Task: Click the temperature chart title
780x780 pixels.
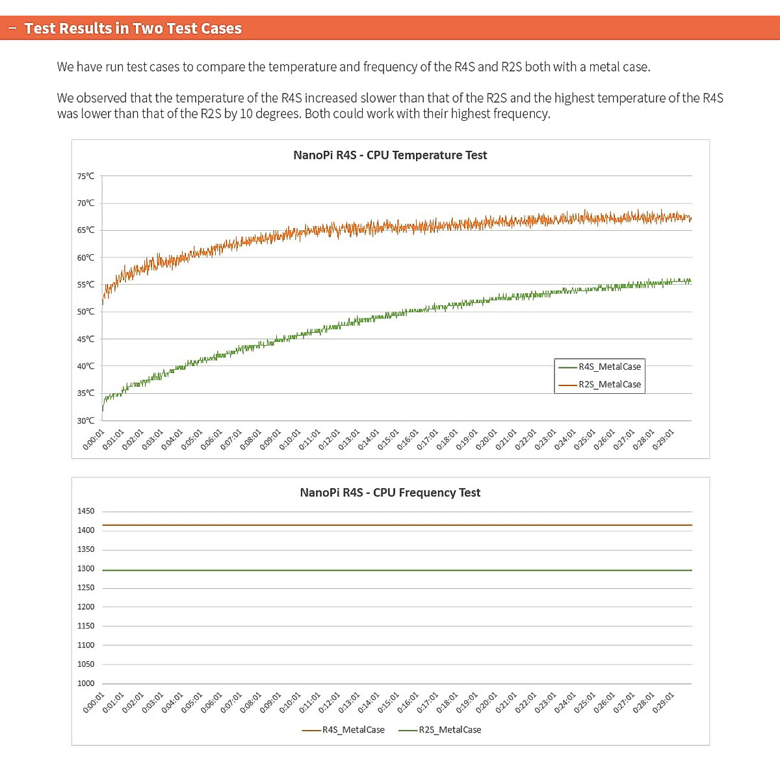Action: pyautogui.click(x=390, y=155)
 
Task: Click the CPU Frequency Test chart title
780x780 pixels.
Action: pyautogui.click(x=390, y=493)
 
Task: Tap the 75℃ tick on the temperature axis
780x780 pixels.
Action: pyautogui.click(x=86, y=176)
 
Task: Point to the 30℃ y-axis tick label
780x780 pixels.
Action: pyautogui.click(x=86, y=421)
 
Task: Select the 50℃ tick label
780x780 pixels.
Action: pyautogui.click(x=86, y=312)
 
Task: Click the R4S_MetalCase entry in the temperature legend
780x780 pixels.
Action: pyautogui.click(x=609, y=367)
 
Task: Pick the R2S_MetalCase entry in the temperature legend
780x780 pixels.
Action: pyautogui.click(x=609, y=384)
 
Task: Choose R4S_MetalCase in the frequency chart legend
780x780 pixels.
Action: pyautogui.click(x=353, y=730)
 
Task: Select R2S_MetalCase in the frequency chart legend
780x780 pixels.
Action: pyautogui.click(x=450, y=730)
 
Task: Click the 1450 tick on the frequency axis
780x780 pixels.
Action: pyautogui.click(x=86, y=512)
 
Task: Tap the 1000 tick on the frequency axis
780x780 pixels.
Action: pyautogui.click(x=86, y=683)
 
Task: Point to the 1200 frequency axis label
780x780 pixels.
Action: pyautogui.click(x=86, y=607)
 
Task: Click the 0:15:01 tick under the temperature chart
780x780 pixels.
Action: pyautogui.click(x=389, y=439)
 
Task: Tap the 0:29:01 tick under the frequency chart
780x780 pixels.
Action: pyautogui.click(x=664, y=703)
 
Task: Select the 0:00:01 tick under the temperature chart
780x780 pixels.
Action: pyautogui.click(x=94, y=439)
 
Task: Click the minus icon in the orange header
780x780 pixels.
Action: pyautogui.click(x=12, y=29)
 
